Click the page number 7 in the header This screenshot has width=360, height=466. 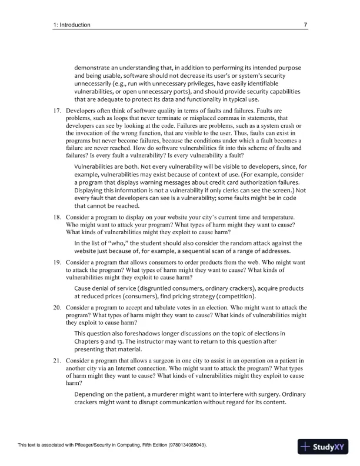(305, 25)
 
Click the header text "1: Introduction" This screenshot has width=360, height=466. (71, 25)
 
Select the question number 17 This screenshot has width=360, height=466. (58, 111)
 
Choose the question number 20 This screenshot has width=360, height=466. (58, 307)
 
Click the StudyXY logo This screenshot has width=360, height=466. (323, 446)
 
